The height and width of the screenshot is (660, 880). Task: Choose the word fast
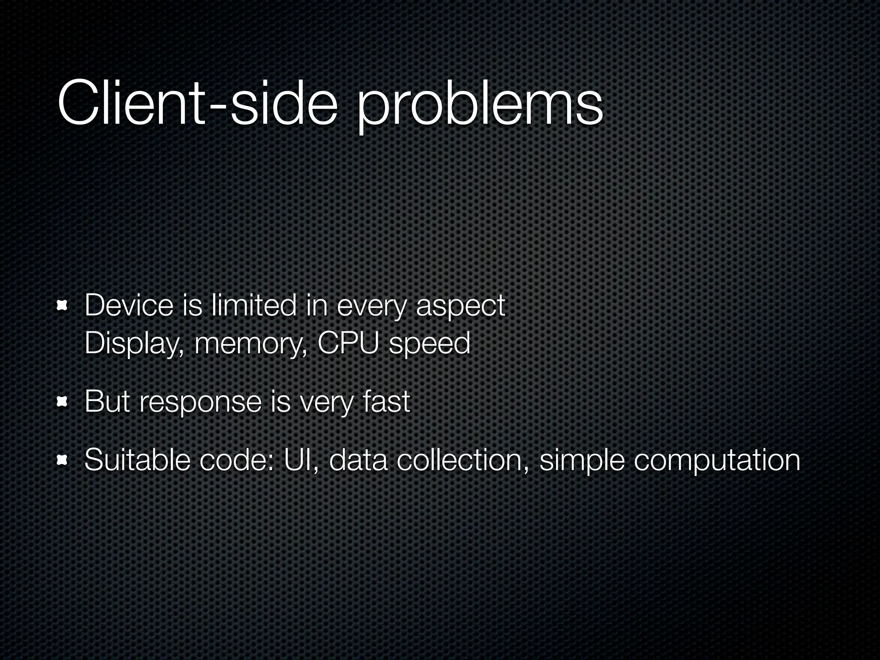tap(386, 401)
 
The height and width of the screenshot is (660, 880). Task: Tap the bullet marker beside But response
tap(63, 402)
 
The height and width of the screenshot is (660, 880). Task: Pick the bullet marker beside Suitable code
tap(63, 460)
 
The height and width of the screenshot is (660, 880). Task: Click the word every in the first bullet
tap(371, 307)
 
